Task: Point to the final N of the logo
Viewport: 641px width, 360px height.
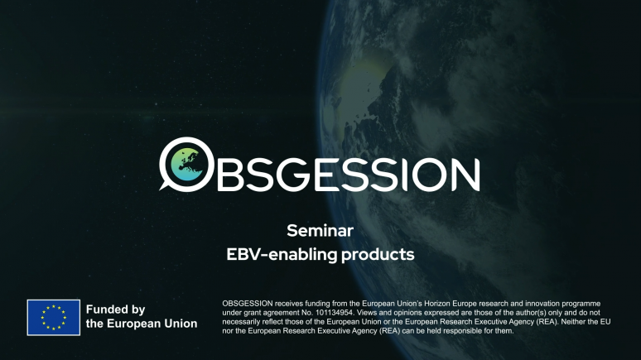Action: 463,175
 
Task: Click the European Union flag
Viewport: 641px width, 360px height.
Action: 53,317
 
